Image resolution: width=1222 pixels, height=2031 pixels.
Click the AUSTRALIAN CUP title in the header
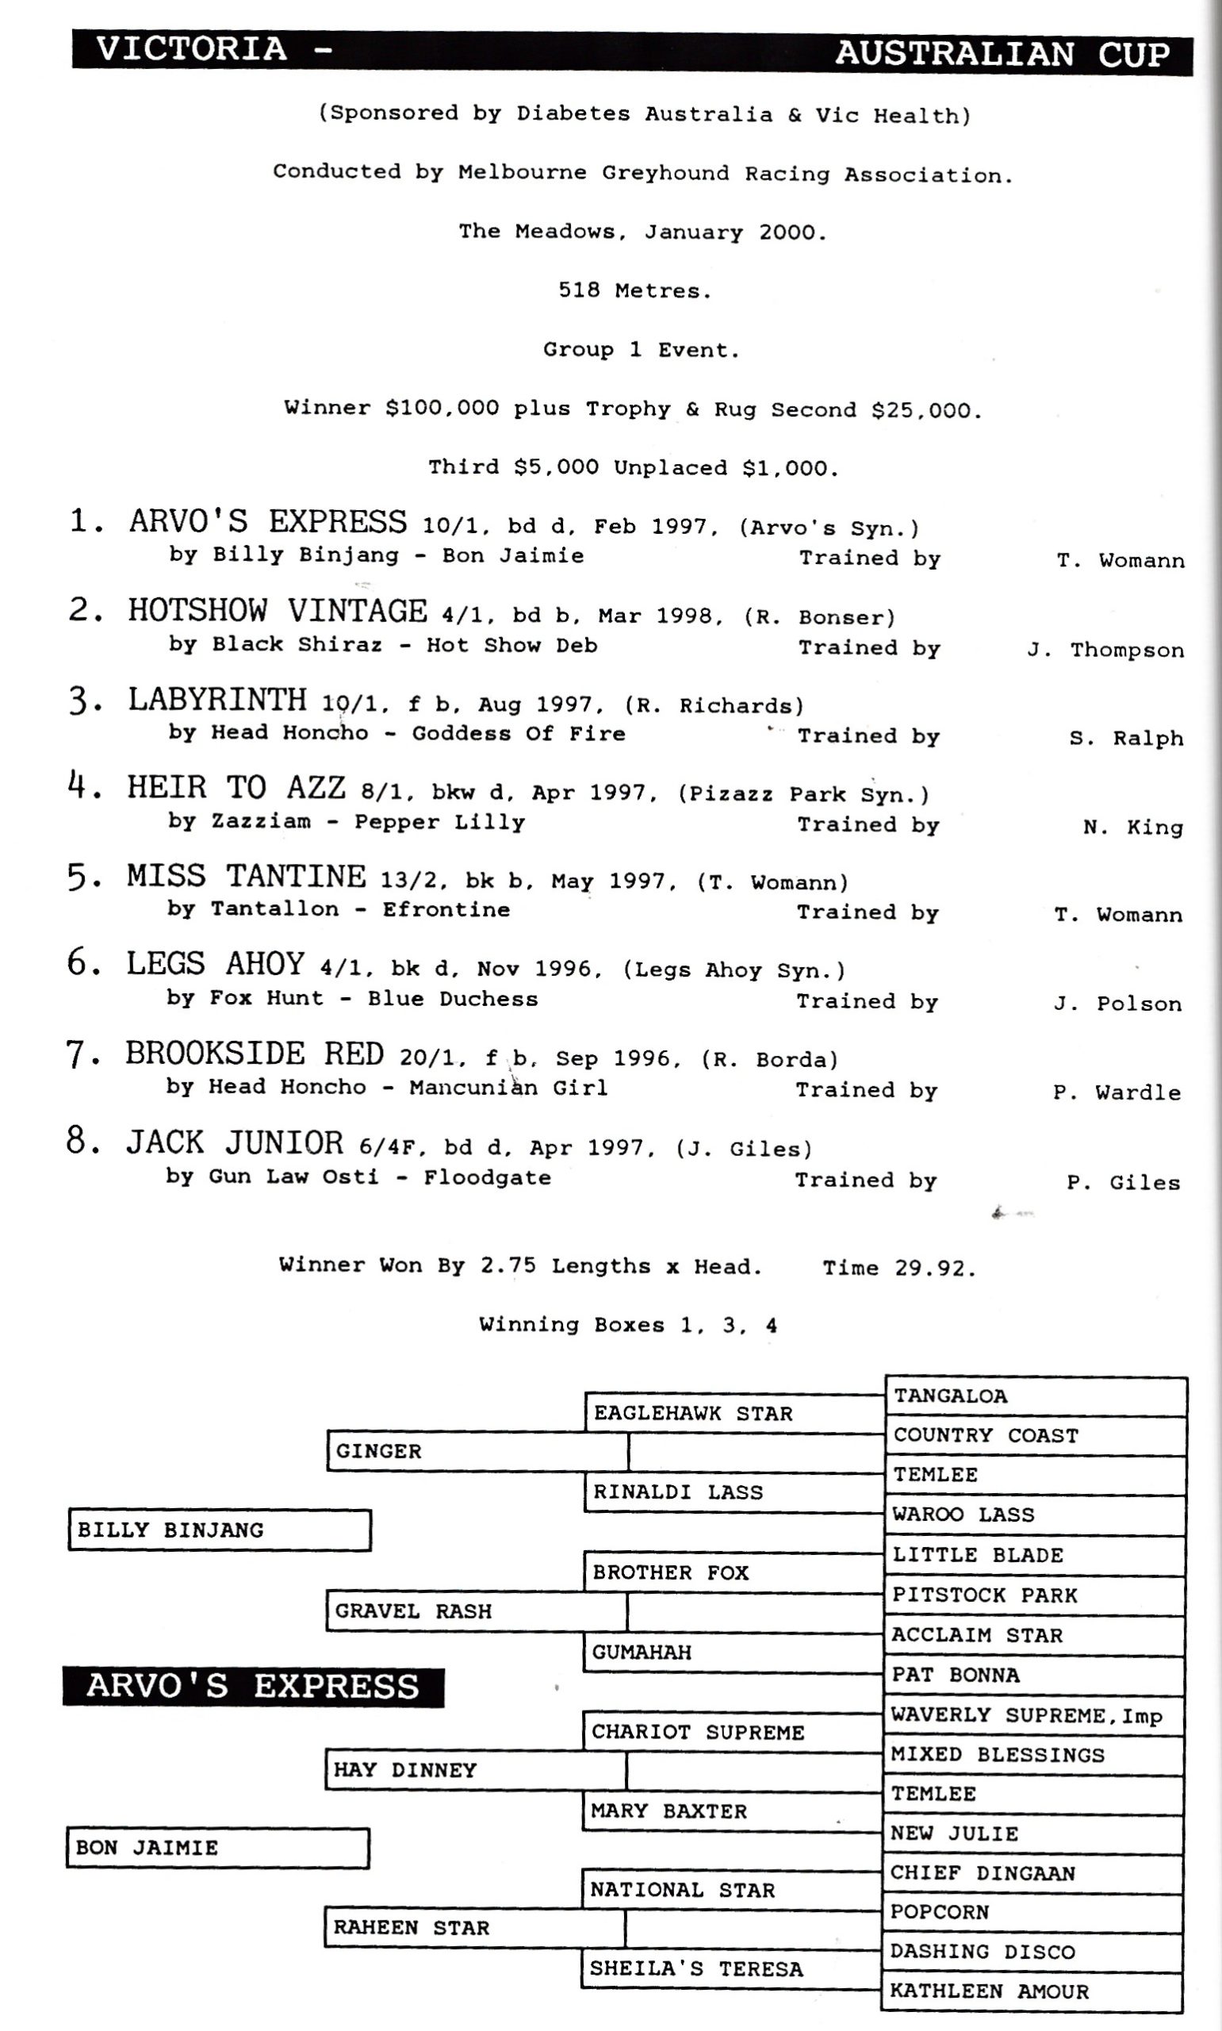click(1002, 55)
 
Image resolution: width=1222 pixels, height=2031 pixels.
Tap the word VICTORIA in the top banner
click(191, 48)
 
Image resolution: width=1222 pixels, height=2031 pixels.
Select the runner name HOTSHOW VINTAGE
click(278, 611)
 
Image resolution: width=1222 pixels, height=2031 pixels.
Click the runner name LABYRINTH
click(216, 700)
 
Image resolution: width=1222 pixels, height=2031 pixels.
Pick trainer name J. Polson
click(1117, 1003)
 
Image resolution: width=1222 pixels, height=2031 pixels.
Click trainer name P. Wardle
click(1117, 1092)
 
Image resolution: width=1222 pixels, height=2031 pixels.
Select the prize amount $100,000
click(442, 409)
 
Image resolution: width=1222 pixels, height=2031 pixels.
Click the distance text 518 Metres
click(634, 290)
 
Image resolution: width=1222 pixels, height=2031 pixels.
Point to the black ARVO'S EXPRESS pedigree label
click(253, 1687)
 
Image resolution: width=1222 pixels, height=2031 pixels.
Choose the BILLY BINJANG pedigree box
click(219, 1530)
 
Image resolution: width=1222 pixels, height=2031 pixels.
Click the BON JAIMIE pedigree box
click(217, 1849)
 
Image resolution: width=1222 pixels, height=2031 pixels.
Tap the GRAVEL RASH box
click(476, 1611)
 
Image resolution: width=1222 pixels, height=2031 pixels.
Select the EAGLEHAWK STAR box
click(733, 1413)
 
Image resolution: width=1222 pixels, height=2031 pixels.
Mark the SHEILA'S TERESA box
click(730, 1968)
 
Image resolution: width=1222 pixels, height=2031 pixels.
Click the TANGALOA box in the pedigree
click(1035, 1396)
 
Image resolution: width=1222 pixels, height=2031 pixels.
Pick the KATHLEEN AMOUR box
click(1032, 1991)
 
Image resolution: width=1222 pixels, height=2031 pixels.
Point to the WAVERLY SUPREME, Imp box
click(1033, 1715)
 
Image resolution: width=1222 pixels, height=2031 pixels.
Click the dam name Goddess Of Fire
click(519, 734)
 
